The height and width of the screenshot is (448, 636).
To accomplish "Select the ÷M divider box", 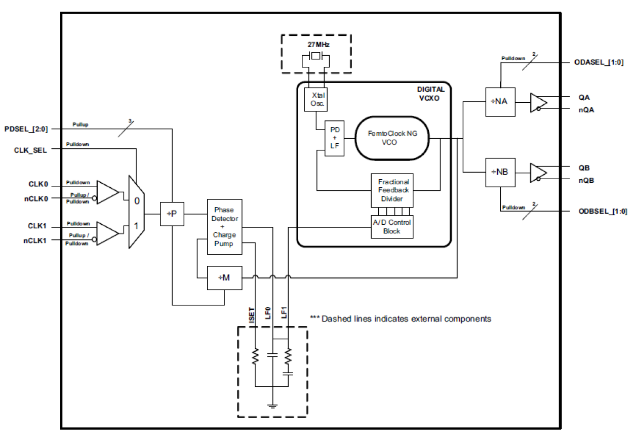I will (224, 277).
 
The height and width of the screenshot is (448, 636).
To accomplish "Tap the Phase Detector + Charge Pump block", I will (224, 226).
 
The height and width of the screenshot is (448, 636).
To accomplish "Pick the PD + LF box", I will (334, 138).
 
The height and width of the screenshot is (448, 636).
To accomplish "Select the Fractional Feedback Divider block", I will (393, 190).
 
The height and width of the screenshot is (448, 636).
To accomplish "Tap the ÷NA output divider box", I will (500, 102).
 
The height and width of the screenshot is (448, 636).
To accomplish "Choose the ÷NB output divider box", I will (500, 173).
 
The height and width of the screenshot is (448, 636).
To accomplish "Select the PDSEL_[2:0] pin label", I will (26, 129).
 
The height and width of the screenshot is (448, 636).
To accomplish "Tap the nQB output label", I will (586, 179).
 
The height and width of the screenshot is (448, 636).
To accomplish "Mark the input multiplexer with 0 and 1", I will (136, 212).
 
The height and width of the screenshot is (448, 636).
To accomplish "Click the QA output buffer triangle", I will (537, 102).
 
